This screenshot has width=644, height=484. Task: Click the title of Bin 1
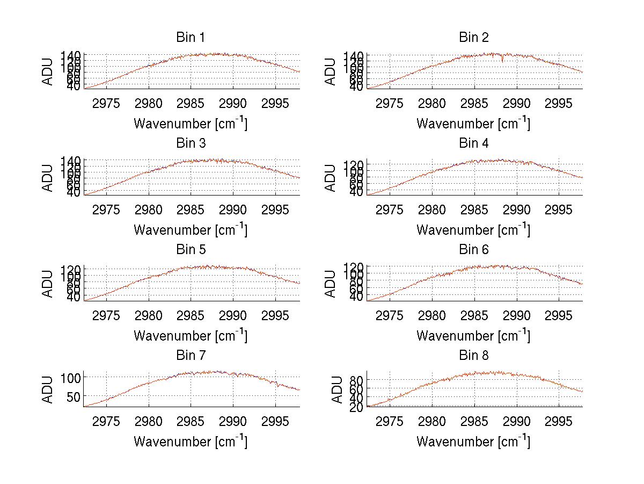click(191, 38)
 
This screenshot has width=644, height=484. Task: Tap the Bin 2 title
click(474, 38)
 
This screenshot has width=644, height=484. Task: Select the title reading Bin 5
click(191, 250)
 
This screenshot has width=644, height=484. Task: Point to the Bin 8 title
click(474, 356)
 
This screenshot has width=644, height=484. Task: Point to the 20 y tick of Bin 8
click(357, 407)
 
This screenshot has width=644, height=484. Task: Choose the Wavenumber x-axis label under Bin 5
click(191, 336)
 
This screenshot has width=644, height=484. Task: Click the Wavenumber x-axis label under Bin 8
click(473, 442)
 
